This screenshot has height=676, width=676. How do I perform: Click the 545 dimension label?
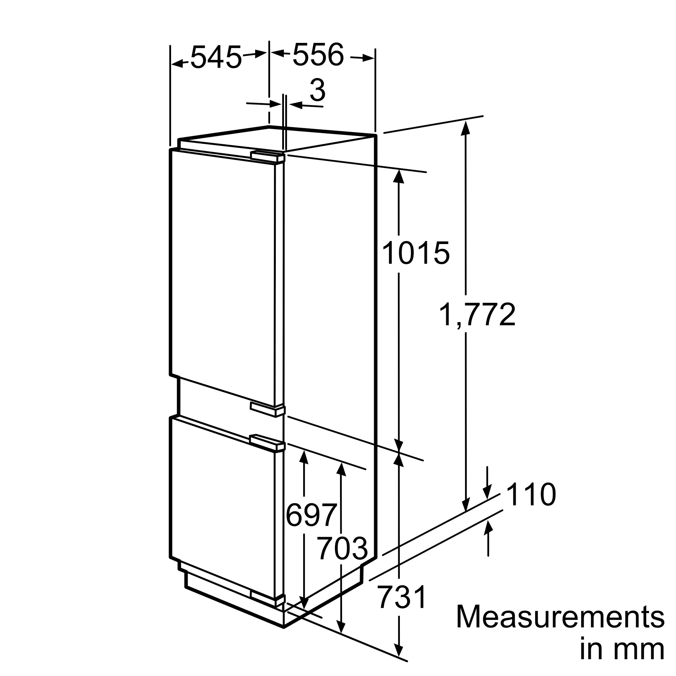click(216, 57)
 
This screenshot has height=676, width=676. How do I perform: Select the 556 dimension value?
click(318, 54)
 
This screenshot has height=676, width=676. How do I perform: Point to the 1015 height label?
click(416, 252)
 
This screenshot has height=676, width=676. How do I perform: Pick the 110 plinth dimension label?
click(531, 495)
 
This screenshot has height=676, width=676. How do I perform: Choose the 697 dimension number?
click(311, 515)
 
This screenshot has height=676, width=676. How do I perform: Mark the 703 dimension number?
click(342, 549)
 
